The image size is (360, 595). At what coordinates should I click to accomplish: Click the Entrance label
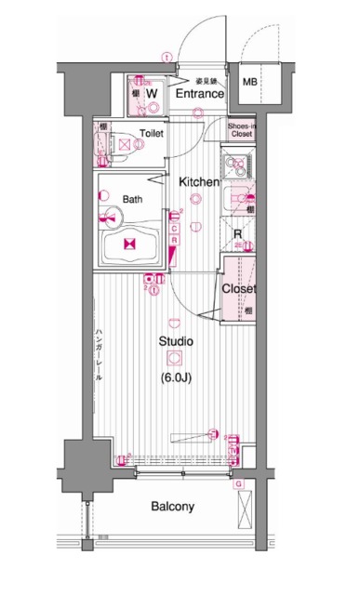[x=197, y=93]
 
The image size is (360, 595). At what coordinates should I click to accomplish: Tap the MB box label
[x=251, y=83]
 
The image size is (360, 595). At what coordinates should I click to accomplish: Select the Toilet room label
[x=151, y=134]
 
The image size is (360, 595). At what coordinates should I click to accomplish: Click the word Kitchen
[x=198, y=182]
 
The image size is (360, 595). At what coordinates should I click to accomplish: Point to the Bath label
[x=131, y=199]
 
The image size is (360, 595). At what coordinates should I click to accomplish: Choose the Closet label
[x=239, y=288]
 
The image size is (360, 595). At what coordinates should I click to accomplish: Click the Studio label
[x=175, y=342]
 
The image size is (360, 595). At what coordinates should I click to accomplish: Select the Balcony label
[x=172, y=507]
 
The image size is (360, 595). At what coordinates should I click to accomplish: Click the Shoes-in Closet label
[x=240, y=129]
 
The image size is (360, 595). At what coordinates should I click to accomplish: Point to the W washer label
[x=151, y=93]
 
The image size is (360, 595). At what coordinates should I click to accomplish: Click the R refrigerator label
[x=238, y=232]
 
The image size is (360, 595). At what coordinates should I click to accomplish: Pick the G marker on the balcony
[x=238, y=484]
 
